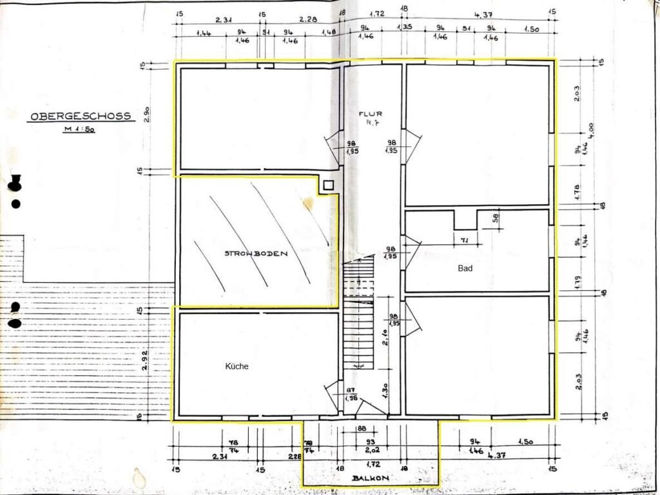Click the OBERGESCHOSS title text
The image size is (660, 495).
(x=81, y=117)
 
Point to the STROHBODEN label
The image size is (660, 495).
(x=255, y=253)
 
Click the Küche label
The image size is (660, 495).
(x=237, y=366)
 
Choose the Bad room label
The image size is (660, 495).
(x=465, y=268)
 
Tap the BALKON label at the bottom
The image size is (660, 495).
(x=371, y=478)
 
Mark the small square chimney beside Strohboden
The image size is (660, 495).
(x=329, y=185)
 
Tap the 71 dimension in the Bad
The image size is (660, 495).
(x=464, y=239)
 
